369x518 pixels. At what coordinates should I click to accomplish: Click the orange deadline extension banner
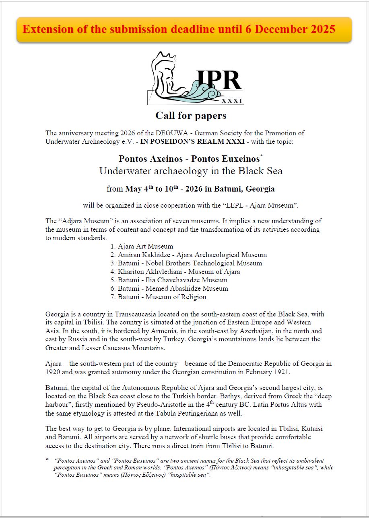[x=184, y=30]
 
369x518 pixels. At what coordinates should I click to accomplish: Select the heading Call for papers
[x=191, y=116]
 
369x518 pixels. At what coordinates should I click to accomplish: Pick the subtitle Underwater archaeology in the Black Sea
[x=191, y=171]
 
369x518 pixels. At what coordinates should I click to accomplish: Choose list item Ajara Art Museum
[x=145, y=246]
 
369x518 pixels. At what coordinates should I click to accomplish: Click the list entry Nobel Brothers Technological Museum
[x=190, y=263]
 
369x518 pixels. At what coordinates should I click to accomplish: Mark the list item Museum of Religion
[x=162, y=297]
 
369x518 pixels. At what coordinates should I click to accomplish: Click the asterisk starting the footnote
[x=47, y=460]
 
